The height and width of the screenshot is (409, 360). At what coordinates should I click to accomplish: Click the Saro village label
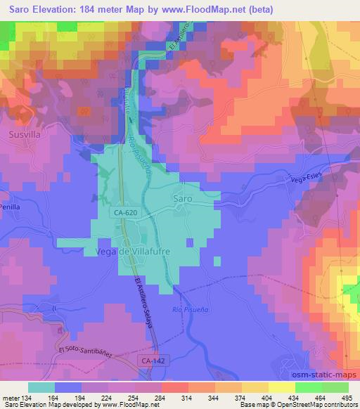coord(183,199)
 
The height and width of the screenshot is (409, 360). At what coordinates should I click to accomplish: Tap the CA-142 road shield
coord(151,360)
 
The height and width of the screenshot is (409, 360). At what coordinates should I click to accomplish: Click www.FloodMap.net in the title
coord(216,9)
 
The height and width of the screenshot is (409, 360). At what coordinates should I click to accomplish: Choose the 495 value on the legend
coord(347,398)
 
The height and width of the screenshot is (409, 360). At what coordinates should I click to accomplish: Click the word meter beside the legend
coord(9,398)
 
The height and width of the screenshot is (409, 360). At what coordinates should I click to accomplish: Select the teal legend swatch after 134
coord(41,387)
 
